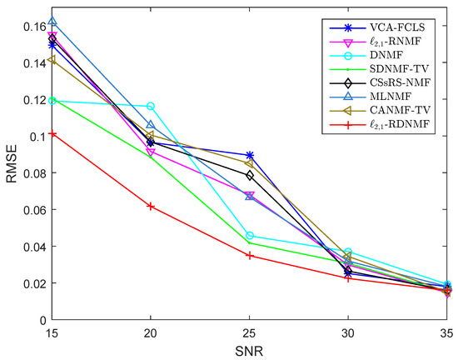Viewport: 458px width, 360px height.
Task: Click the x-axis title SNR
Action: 250,352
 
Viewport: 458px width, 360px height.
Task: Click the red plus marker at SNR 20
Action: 151,206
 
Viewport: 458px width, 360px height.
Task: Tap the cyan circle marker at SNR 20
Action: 151,107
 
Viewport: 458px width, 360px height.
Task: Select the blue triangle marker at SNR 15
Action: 52,22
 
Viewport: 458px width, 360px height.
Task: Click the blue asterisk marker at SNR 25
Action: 250,155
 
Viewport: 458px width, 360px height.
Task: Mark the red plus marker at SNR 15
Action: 52,133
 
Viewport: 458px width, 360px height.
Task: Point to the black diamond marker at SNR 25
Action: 250,175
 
